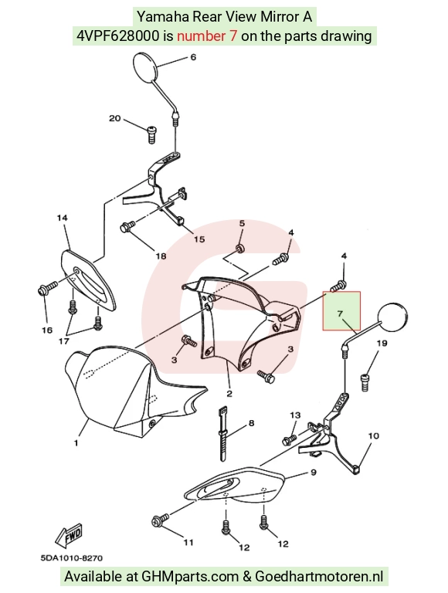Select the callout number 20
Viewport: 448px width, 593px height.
(114, 118)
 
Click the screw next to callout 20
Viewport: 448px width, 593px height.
(151, 134)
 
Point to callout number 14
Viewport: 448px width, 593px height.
(63, 218)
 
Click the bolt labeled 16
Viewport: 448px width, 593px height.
(47, 289)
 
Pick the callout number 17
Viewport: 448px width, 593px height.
(64, 341)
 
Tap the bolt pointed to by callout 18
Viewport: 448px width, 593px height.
(128, 227)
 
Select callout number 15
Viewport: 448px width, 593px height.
(199, 239)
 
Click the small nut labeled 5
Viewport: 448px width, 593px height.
(239, 248)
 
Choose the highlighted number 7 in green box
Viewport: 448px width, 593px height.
(340, 314)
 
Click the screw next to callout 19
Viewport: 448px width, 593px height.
(365, 382)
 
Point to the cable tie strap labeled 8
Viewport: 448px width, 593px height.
(223, 434)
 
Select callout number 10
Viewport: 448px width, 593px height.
(373, 436)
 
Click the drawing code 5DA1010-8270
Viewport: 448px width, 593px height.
(72, 557)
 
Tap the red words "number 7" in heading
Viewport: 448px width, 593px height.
(207, 36)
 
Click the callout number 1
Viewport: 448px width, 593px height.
(76, 443)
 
